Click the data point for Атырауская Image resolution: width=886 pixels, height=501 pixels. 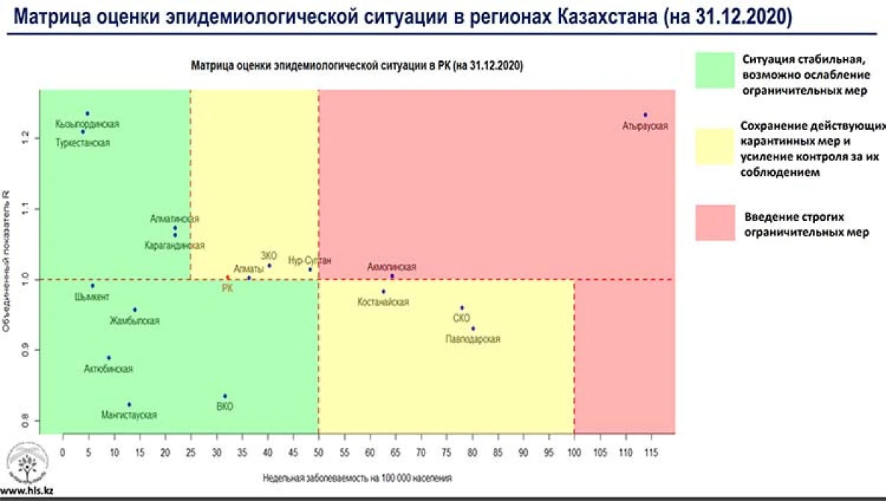645,115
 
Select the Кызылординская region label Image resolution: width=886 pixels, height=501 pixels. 87,124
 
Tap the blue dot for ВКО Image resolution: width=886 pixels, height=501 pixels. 225,396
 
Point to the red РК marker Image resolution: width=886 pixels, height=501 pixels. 227,278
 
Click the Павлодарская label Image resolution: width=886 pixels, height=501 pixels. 473,339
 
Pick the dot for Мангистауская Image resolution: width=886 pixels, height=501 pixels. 129,404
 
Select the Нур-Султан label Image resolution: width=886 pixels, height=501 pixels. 309,260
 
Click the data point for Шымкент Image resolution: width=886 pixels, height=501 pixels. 92,285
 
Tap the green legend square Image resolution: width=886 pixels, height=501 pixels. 714,70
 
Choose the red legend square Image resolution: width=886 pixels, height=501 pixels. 714,222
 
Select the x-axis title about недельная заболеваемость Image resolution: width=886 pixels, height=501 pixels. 357,477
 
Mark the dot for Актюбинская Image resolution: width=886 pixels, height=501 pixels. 109,358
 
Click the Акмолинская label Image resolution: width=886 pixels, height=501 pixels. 391,267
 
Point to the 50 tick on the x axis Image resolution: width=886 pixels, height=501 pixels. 318,450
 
